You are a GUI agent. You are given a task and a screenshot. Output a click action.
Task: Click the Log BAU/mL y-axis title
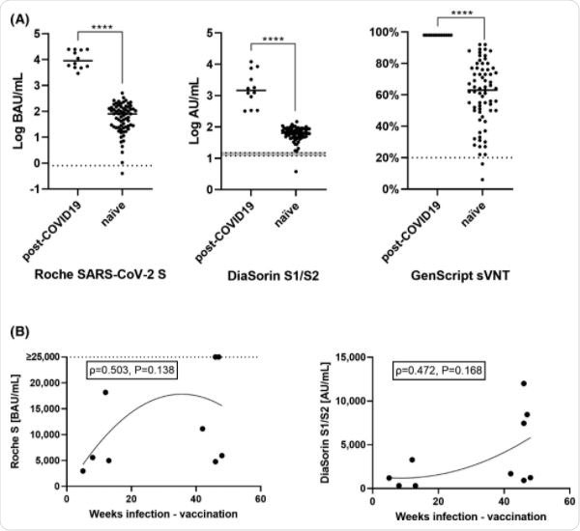tap(16, 110)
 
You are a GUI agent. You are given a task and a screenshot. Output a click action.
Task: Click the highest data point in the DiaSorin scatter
tap(523, 383)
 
